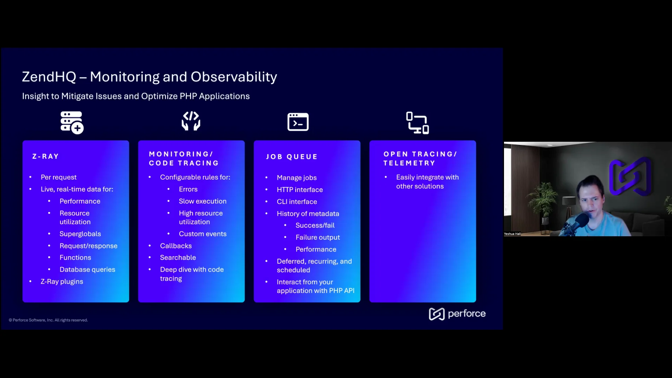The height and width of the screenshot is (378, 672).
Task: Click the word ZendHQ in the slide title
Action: (x=49, y=77)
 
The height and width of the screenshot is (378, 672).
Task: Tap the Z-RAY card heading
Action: (x=45, y=156)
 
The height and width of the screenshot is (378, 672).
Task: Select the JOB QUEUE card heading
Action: (x=292, y=157)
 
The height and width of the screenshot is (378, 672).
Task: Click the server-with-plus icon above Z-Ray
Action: (x=72, y=122)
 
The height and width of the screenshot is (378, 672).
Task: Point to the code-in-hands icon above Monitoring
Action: (x=191, y=121)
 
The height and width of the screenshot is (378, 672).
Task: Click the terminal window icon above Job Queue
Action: (x=298, y=122)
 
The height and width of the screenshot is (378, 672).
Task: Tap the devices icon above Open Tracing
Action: (x=418, y=123)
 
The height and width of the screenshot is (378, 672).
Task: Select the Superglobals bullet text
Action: (x=80, y=234)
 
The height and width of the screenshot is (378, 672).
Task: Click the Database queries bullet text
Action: (x=87, y=269)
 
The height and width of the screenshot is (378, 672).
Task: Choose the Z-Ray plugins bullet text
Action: (x=62, y=281)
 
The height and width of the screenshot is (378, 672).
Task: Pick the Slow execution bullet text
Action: (x=203, y=201)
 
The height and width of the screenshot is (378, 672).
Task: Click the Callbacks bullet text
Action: (x=176, y=246)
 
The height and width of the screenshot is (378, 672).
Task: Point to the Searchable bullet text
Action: (x=178, y=258)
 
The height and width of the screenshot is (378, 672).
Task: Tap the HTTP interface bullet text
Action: (x=300, y=190)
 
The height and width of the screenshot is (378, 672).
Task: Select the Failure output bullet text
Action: (x=317, y=237)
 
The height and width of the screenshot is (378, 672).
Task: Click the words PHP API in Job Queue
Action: (x=342, y=290)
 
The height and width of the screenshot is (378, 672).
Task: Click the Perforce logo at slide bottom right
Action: (x=457, y=314)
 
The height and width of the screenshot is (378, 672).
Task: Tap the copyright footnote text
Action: (x=48, y=320)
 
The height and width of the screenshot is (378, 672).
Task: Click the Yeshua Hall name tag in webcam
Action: (x=512, y=234)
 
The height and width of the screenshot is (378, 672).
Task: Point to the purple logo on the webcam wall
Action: (x=630, y=176)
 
